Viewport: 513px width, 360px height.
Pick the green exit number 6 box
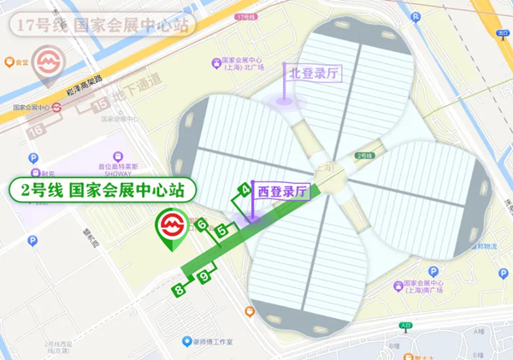click(x=203, y=225)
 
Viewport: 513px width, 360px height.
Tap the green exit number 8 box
click(x=179, y=291)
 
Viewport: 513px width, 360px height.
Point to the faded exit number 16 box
click(x=37, y=129)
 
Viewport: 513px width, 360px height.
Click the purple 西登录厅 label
click(x=282, y=193)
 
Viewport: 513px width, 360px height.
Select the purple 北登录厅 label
click(x=315, y=74)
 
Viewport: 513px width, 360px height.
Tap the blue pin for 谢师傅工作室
click(x=186, y=342)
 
